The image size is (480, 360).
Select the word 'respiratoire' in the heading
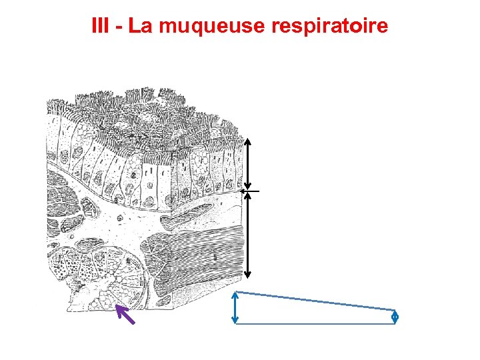tap(331, 27)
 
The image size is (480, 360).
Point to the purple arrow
tap(125, 314)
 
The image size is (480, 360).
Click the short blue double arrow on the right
tap(395, 317)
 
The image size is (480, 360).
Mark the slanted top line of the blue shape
tap(316, 301)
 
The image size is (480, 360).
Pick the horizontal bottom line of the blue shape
tap(316, 324)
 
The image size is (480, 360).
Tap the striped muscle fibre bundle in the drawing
tap(197, 257)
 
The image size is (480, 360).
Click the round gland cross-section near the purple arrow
tap(107, 273)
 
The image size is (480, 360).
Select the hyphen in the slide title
tap(121, 27)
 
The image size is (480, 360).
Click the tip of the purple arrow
tap(117, 306)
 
